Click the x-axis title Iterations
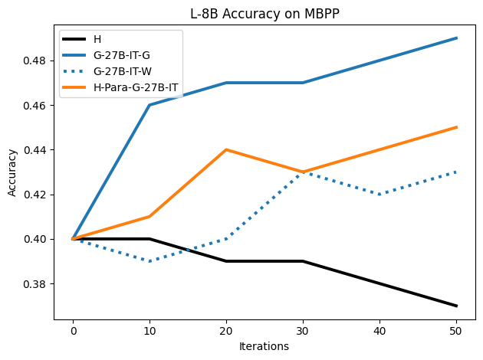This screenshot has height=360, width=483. (x=264, y=346)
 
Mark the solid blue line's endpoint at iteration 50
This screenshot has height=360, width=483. (x=457, y=38)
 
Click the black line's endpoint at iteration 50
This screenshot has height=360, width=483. (x=457, y=306)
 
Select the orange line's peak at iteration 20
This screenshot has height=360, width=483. (x=226, y=149)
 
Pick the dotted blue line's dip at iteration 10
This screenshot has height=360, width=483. (x=149, y=261)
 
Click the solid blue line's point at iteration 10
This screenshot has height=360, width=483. (x=149, y=105)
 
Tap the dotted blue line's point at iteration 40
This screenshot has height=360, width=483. (x=380, y=195)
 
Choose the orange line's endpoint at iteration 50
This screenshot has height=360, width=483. (x=457, y=127)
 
